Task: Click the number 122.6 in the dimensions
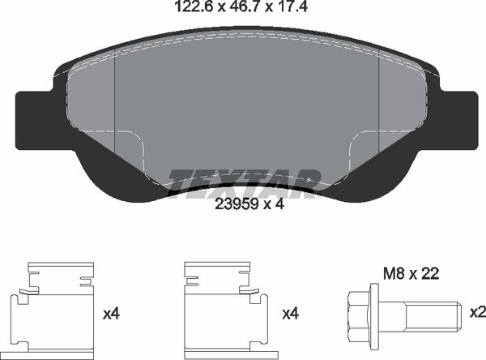[x=194, y=10]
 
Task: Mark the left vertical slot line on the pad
[x=117, y=101]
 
